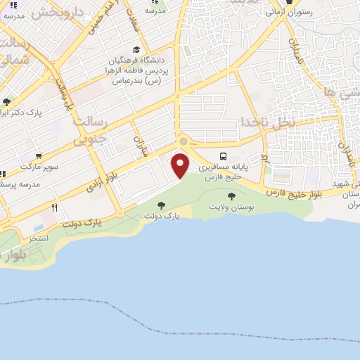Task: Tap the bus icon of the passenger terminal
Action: pyautogui.click(x=223, y=157)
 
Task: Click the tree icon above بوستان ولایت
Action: pyautogui.click(x=231, y=196)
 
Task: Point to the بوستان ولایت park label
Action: pyautogui.click(x=231, y=207)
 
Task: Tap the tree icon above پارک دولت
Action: pyautogui.click(x=162, y=205)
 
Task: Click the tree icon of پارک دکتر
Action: pyautogui.click(x=6, y=103)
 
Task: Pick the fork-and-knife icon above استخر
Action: pyautogui.click(x=55, y=207)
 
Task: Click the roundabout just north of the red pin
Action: pyautogui.click(x=184, y=141)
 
